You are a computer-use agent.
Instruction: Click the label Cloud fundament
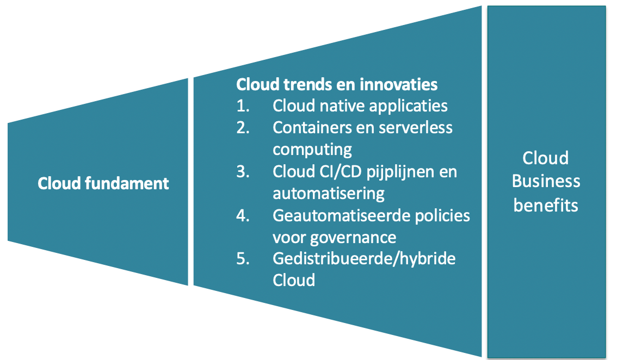tap(103, 183)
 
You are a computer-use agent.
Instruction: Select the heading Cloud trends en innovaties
tap(337, 84)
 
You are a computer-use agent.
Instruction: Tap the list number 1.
tap(243, 106)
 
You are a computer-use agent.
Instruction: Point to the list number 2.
tap(243, 127)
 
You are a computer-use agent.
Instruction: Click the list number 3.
tap(243, 171)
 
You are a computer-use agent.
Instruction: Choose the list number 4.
tap(243, 215)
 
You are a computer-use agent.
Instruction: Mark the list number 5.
tap(243, 258)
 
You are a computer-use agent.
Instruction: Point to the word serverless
tap(415, 127)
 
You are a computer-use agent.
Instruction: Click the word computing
tap(312, 150)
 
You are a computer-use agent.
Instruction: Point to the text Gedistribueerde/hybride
tap(364, 259)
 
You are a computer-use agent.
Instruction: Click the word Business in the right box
tap(546, 182)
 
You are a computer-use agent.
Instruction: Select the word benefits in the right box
tap(546, 206)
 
